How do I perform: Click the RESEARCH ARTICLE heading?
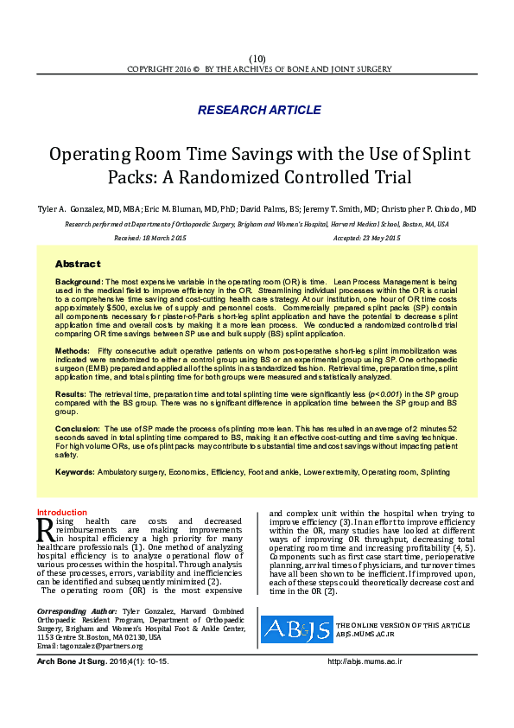pyautogui.click(x=259, y=110)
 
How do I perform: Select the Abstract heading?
pyautogui.click(x=78, y=264)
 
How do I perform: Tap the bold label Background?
pyautogui.click(x=79, y=282)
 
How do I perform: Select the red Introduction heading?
pyautogui.click(x=62, y=513)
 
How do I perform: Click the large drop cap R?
pyautogui.click(x=46, y=530)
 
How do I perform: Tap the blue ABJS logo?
pyautogui.click(x=295, y=629)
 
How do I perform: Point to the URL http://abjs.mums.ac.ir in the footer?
pyautogui.click(x=365, y=661)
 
